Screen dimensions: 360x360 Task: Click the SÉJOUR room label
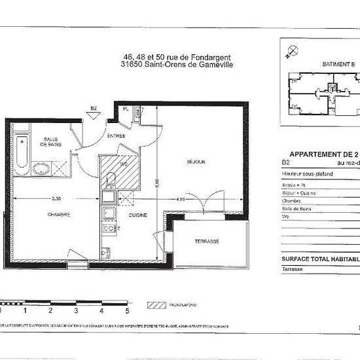pos(195,162)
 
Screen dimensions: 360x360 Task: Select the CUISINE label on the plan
pos(138,215)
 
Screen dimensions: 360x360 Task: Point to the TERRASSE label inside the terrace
pos(206,242)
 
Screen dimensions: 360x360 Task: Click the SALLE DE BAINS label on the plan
pos(50,142)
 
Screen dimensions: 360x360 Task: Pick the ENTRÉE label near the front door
pos(117,135)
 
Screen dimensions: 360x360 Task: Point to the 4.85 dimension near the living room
pos(181,198)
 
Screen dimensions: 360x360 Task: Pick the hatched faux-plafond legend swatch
pos(158,305)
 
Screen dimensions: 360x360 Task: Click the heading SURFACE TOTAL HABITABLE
pos(321,259)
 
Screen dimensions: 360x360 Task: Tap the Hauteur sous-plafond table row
pos(307,173)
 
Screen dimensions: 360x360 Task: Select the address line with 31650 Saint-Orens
pos(177,64)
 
